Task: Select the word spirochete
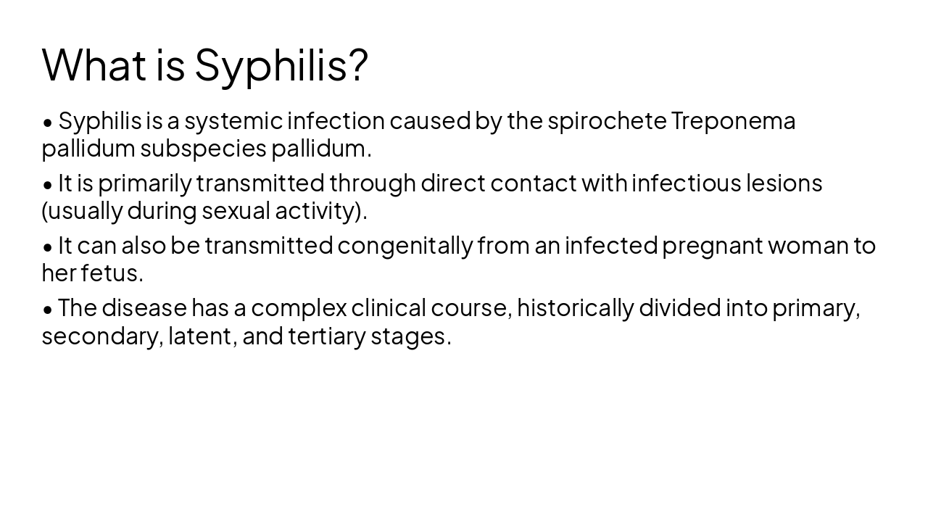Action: (x=607, y=120)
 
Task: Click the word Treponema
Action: (x=733, y=120)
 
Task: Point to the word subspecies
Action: (x=203, y=149)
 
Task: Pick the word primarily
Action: (x=144, y=183)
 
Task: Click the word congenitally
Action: (x=405, y=246)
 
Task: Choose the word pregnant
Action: (x=713, y=246)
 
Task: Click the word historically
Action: (x=575, y=308)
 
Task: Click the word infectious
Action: (x=686, y=183)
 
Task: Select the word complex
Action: (x=299, y=309)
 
